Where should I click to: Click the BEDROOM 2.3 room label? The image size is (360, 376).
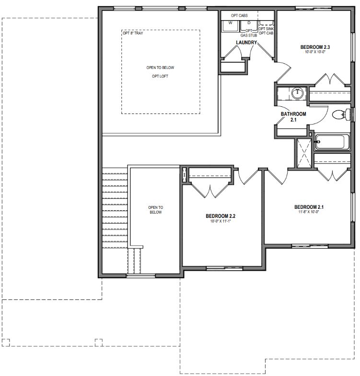pyautogui.click(x=315, y=47)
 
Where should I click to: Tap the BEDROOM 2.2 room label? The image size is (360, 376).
pyautogui.click(x=221, y=216)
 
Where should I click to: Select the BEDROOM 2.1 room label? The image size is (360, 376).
pyautogui.click(x=309, y=207)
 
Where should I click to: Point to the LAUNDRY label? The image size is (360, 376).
pyautogui.click(x=246, y=43)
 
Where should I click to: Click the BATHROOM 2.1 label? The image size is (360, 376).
pyautogui.click(x=293, y=117)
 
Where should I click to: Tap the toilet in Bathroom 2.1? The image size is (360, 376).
pyautogui.click(x=341, y=114)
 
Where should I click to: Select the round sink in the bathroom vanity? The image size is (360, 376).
pyautogui.click(x=298, y=93)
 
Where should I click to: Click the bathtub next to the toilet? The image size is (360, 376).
pyautogui.click(x=332, y=142)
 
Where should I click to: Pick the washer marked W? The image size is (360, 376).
pyautogui.click(x=230, y=26)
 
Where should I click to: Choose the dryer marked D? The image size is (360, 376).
pyautogui.click(x=249, y=26)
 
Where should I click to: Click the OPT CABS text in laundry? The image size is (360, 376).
pyautogui.click(x=239, y=16)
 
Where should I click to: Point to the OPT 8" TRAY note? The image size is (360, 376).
pyautogui.click(x=133, y=33)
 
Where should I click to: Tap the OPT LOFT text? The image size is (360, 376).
pyautogui.click(x=160, y=76)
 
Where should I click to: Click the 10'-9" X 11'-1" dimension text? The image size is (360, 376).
pyautogui.click(x=221, y=221)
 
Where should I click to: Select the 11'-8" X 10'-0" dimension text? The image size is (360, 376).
pyautogui.click(x=309, y=212)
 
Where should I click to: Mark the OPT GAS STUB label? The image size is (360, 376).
pyautogui.click(x=249, y=33)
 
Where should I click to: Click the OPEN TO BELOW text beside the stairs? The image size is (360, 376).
pyautogui.click(x=155, y=210)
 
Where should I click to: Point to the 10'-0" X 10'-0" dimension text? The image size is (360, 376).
pyautogui.click(x=315, y=52)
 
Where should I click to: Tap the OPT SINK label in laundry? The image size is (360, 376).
pyautogui.click(x=266, y=29)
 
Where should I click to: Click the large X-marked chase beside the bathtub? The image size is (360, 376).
pyautogui.click(x=304, y=153)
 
